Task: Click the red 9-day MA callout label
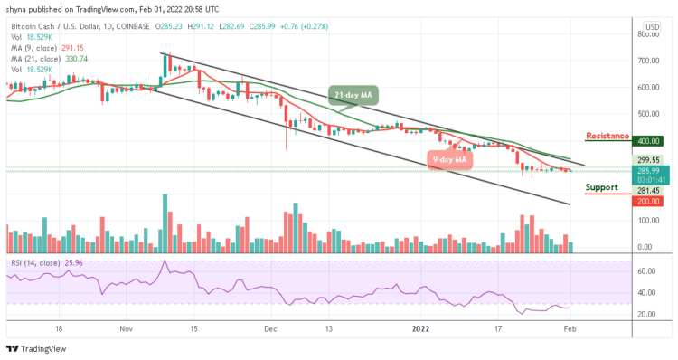tap(449, 160)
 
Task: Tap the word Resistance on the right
tap(607, 137)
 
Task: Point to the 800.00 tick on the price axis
tap(647, 34)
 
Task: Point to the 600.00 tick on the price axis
tap(647, 88)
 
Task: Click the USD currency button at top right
tap(650, 27)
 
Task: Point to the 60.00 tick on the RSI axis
tap(645, 270)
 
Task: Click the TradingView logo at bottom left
tap(36, 350)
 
